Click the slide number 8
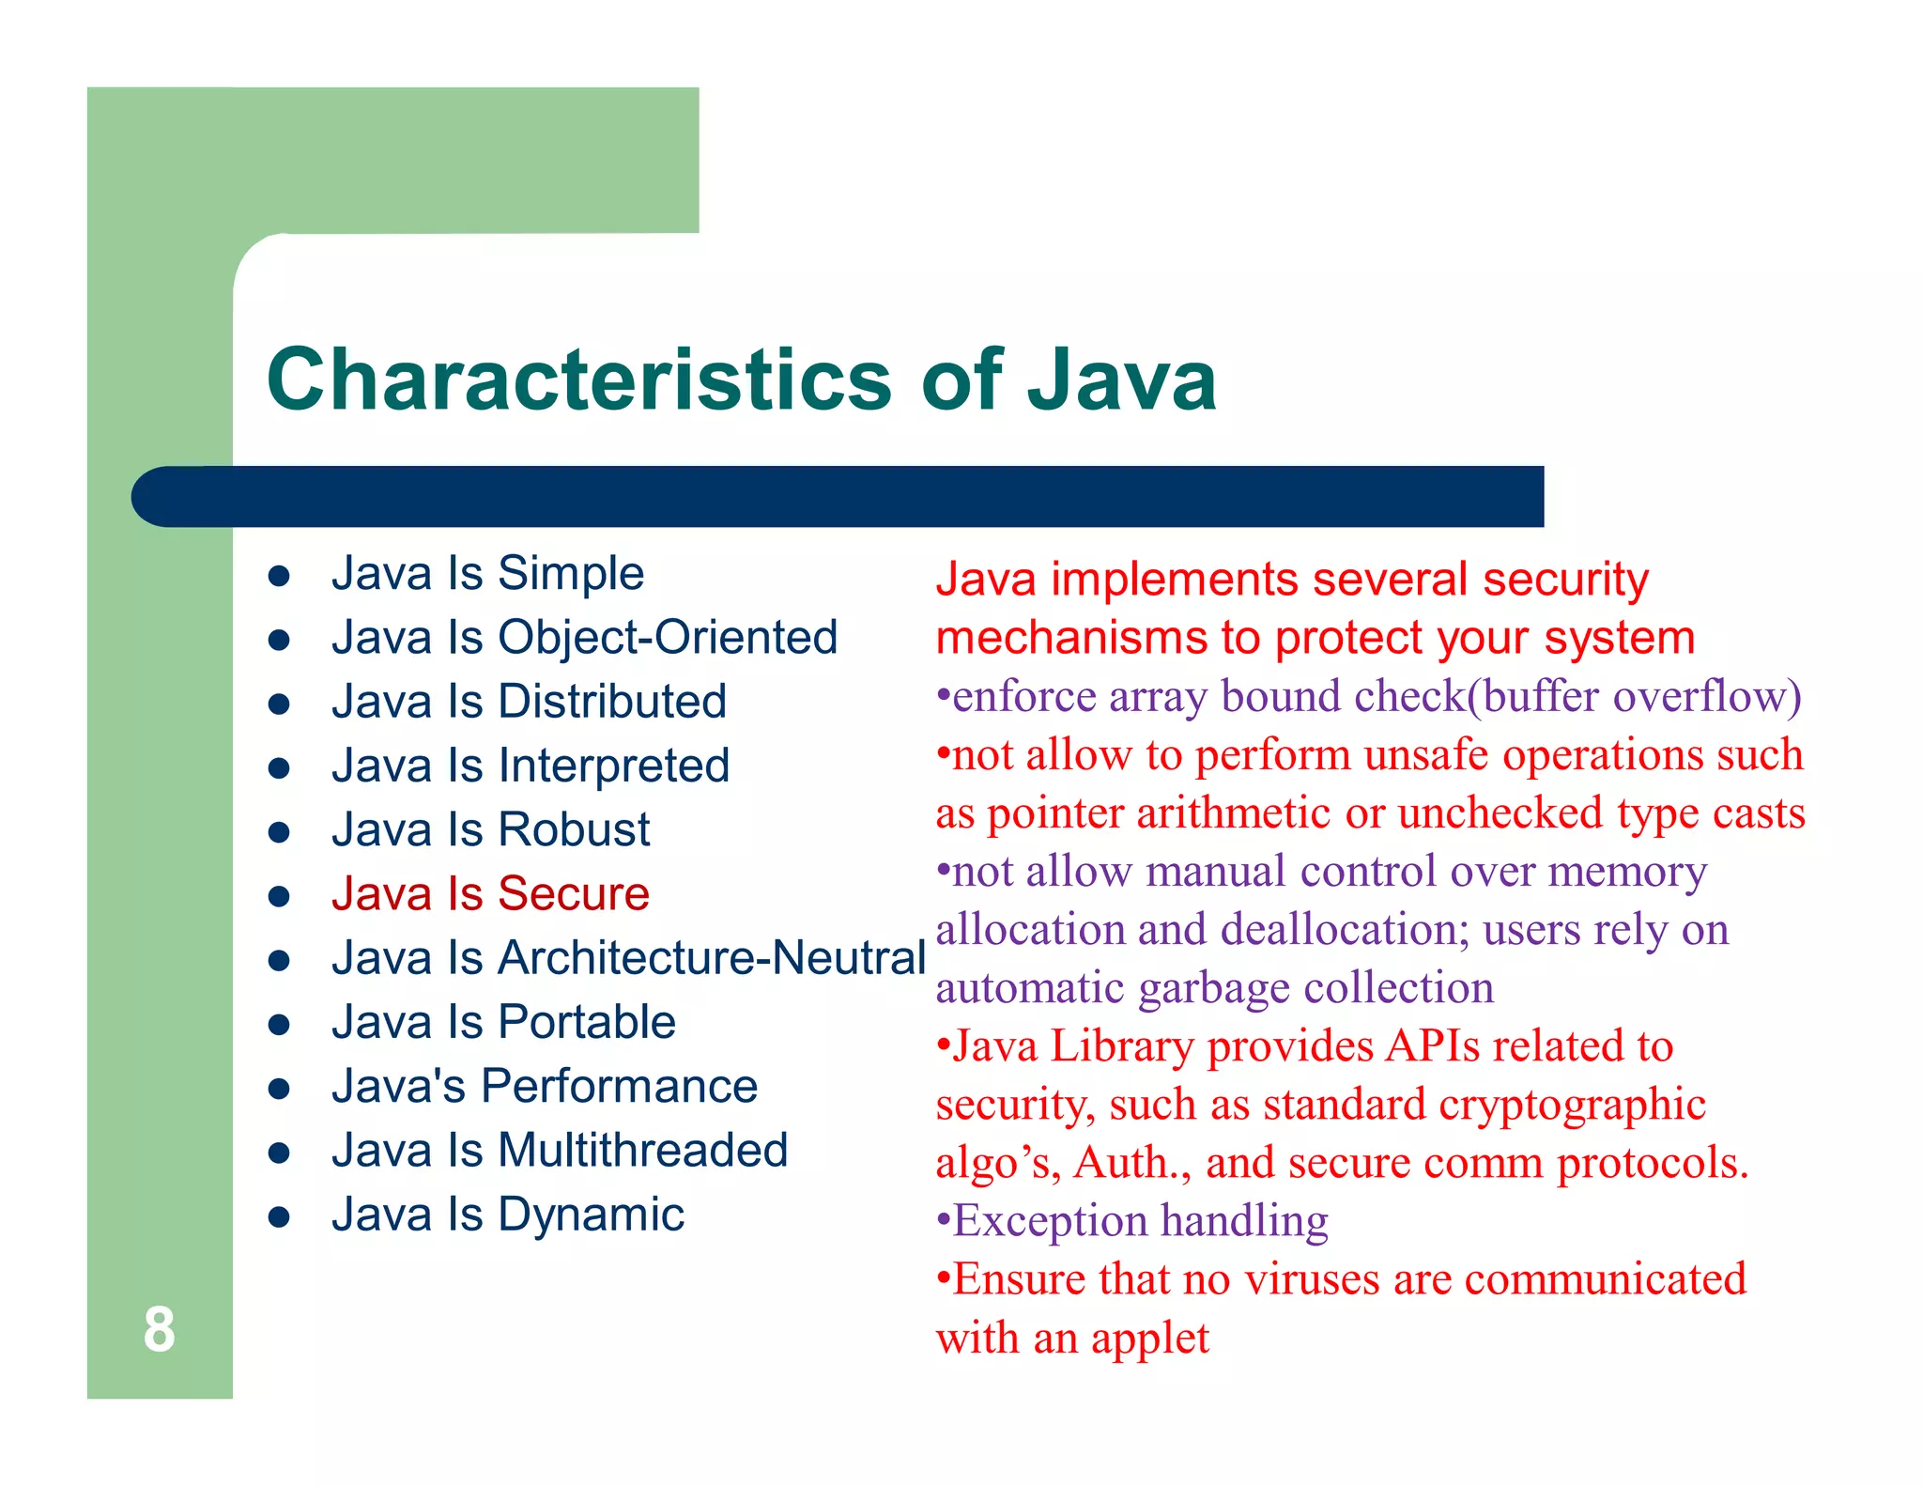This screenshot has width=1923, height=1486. click(x=159, y=1329)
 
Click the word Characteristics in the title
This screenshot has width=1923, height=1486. click(x=578, y=379)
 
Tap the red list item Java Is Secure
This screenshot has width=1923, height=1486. click(x=490, y=893)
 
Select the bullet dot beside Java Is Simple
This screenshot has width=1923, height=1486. click(x=279, y=576)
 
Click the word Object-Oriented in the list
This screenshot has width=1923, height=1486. click(x=668, y=638)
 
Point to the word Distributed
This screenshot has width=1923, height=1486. click(x=612, y=702)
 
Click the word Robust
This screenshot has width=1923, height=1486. click(x=573, y=830)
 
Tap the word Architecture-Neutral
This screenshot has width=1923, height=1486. click(x=712, y=958)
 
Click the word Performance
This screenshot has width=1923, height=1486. click(x=619, y=1087)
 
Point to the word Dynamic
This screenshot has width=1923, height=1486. click(x=591, y=1215)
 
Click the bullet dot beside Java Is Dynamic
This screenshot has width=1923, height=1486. click(x=279, y=1217)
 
